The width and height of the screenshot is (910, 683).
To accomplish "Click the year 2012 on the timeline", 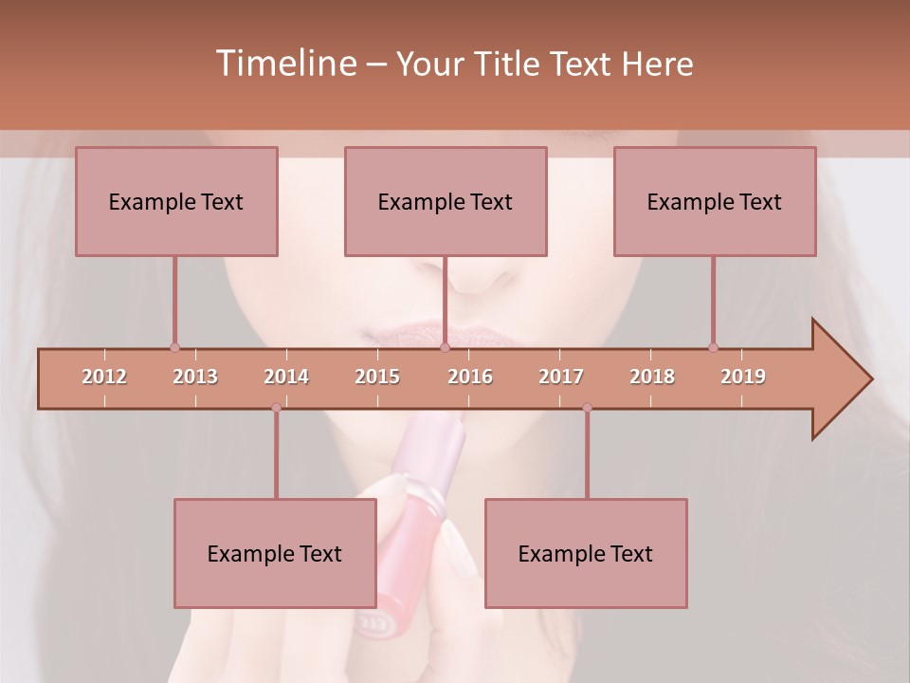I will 104,377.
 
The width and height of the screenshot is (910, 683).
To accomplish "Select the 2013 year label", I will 195,377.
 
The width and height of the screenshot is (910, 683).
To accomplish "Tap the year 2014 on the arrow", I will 286,377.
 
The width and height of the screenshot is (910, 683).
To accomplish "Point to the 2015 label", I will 377,377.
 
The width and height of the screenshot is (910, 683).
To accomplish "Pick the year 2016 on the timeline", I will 470,377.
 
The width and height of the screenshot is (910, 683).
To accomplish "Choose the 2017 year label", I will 561,377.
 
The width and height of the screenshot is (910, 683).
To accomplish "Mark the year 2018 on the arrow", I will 652,377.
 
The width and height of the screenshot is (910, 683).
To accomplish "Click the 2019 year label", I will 743,377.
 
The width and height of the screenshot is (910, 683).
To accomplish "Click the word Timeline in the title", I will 285,64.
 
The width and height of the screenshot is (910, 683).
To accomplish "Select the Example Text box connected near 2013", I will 176,201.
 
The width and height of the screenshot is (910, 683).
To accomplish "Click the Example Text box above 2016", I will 446,201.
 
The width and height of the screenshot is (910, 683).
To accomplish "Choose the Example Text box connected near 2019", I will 715,201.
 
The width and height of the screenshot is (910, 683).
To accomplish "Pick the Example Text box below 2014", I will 275,553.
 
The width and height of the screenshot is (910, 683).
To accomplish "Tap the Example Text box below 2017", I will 586,553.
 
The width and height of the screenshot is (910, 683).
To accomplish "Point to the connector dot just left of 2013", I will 174,347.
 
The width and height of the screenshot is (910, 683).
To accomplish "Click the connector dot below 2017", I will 587,408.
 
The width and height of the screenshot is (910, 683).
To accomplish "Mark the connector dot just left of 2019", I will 714,347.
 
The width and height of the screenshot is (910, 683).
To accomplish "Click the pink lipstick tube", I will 417,531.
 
